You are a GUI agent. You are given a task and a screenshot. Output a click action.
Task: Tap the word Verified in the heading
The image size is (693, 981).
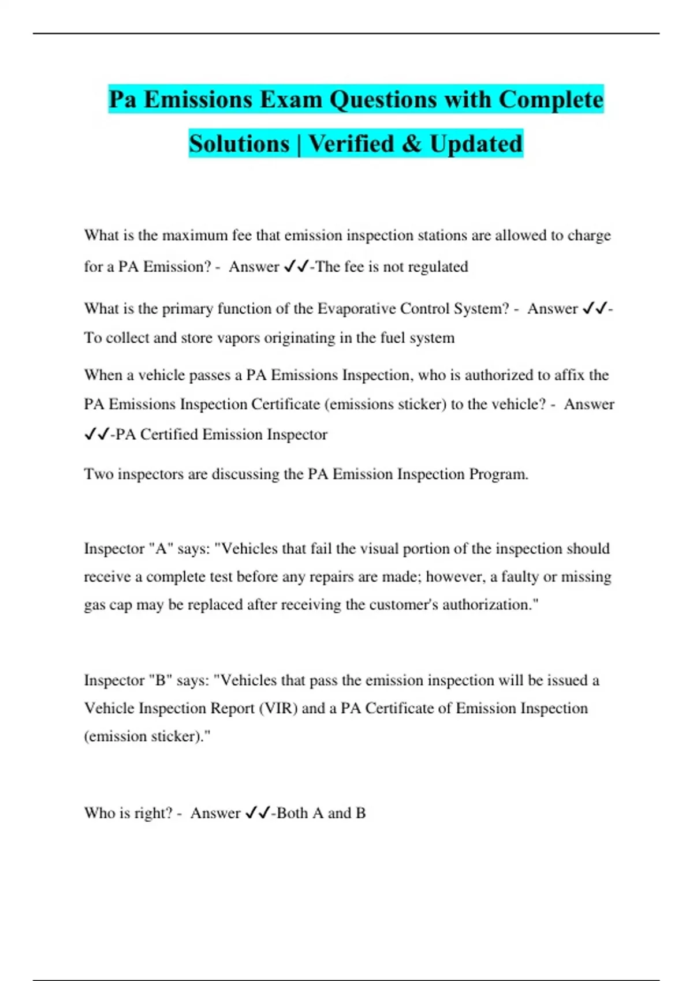351,144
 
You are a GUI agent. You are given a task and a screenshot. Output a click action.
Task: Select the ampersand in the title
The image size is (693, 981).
412,144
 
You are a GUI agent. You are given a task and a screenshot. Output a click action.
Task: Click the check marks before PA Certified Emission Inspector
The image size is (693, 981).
96,435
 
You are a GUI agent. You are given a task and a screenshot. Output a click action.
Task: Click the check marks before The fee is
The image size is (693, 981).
296,267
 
